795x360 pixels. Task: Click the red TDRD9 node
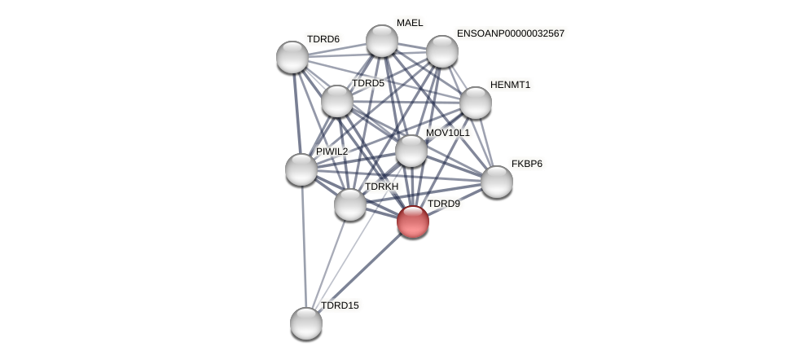pyautogui.click(x=413, y=221)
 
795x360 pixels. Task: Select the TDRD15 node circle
pyautogui.click(x=306, y=323)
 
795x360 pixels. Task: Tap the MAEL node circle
pyautogui.click(x=381, y=41)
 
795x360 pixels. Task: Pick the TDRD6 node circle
pyautogui.click(x=292, y=57)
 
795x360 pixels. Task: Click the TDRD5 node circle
pyautogui.click(x=337, y=101)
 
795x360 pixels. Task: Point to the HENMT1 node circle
pyautogui.click(x=476, y=103)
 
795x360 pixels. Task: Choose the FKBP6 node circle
pyautogui.click(x=497, y=182)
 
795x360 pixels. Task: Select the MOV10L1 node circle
pyautogui.click(x=411, y=151)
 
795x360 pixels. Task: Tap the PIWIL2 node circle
pyautogui.click(x=301, y=169)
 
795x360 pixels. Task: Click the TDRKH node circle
pyautogui.click(x=350, y=204)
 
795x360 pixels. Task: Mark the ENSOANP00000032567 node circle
pyautogui.click(x=442, y=51)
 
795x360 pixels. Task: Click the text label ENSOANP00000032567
pyautogui.click(x=510, y=33)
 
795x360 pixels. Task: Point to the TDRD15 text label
pyautogui.click(x=340, y=305)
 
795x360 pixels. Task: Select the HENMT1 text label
pyautogui.click(x=510, y=85)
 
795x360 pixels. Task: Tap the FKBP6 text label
pyautogui.click(x=526, y=164)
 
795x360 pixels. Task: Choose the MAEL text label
pyautogui.click(x=410, y=23)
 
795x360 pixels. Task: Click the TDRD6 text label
pyautogui.click(x=323, y=39)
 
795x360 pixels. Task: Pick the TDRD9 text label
pyautogui.click(x=444, y=204)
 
